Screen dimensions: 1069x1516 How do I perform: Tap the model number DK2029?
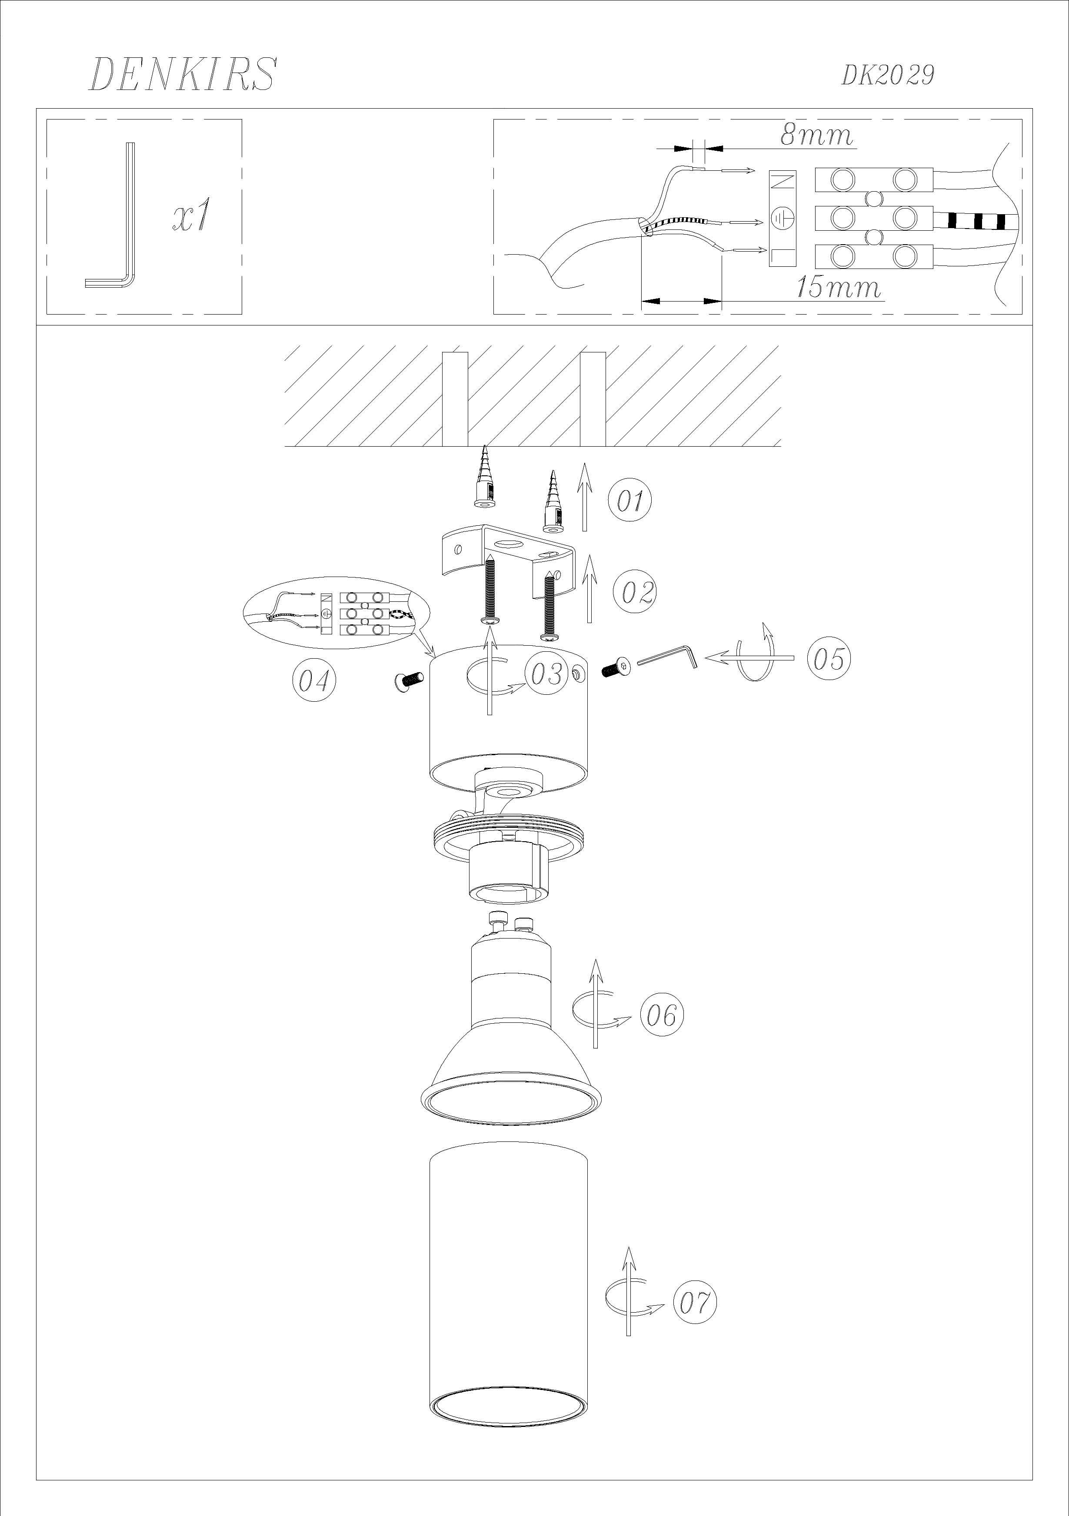coord(887,75)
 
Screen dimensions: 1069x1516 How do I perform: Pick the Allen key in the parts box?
coord(110,215)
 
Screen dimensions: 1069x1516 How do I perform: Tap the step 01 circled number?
coord(629,500)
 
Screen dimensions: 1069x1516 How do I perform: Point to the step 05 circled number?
coord(829,658)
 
